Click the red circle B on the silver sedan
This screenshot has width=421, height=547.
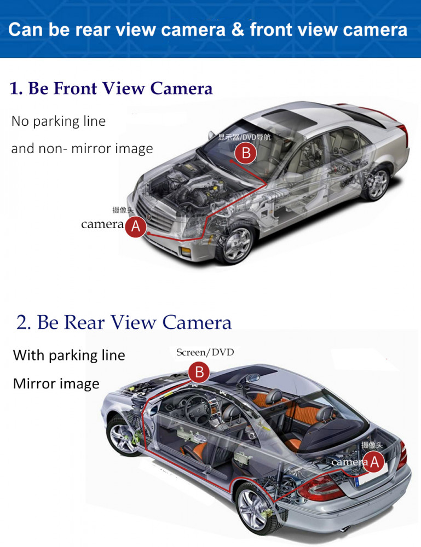coord(246,153)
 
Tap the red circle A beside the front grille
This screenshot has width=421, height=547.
coord(135,227)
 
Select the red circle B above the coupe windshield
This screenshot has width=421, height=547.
coord(199,372)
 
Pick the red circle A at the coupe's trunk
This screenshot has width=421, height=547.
coord(374,462)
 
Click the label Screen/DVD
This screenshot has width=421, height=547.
coord(205,352)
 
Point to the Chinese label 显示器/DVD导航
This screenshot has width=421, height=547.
coord(244,137)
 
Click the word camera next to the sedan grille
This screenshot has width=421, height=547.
coord(102,224)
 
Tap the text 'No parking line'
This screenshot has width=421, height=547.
coord(58,121)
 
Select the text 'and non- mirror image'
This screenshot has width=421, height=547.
coord(82,149)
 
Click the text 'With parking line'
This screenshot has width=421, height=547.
coord(69,356)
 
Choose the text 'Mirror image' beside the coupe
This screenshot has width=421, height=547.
coord(56,384)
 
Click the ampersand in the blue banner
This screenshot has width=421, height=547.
coord(238,30)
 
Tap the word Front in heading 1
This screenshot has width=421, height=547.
coord(75,88)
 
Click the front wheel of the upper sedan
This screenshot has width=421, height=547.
coord(237,244)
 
